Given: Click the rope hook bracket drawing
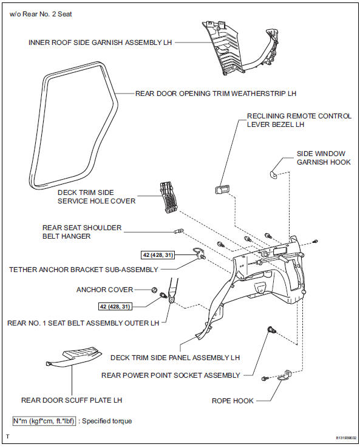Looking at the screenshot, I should pyautogui.click(x=282, y=377).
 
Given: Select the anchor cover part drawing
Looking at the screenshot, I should pyautogui.click(x=155, y=290).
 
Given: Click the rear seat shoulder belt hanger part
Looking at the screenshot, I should pyautogui.click(x=179, y=231).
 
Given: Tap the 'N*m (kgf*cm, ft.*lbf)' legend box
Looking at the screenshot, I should pyautogui.click(x=44, y=421).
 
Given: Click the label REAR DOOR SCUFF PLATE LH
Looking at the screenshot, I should pyautogui.click(x=72, y=400).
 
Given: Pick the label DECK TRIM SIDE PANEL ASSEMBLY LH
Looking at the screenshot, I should pyautogui.click(x=175, y=357).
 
